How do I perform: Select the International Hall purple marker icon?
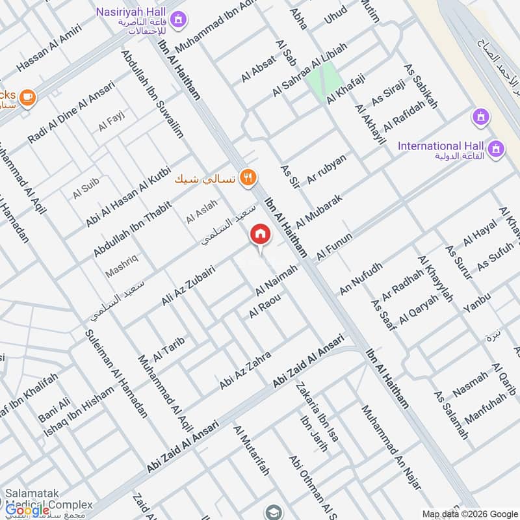[497, 148]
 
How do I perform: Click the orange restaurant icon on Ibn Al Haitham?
[247, 177]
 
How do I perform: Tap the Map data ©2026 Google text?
[468, 513]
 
